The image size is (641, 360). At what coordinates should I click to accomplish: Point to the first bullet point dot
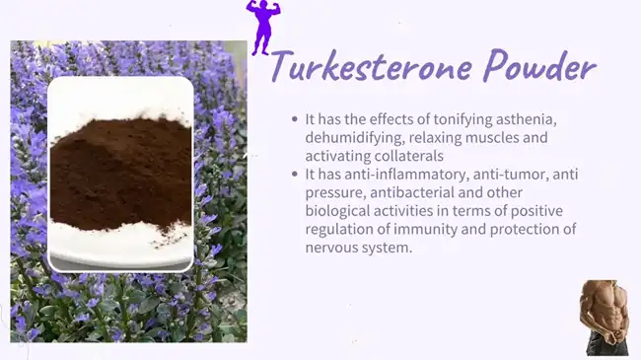coord(294,119)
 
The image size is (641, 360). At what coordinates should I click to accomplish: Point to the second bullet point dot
coord(294,175)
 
